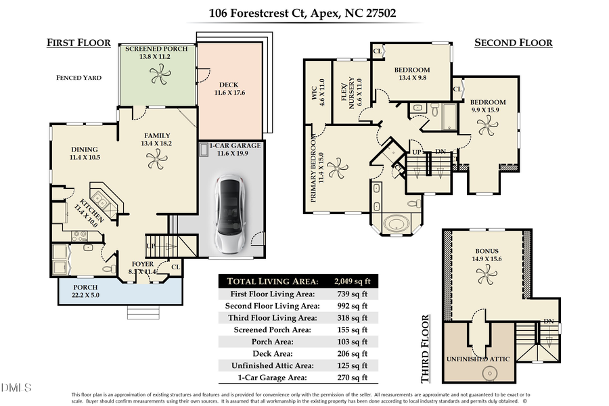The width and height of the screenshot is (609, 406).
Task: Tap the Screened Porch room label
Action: coord(156,49)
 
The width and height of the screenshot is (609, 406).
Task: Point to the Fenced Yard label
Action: coord(78,78)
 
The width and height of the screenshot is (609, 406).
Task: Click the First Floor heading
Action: coord(78,43)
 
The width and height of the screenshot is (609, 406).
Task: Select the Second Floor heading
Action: coord(513,43)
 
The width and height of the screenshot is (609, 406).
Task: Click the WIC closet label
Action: coord(318,95)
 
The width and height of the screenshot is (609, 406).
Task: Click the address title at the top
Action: coord(304,12)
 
